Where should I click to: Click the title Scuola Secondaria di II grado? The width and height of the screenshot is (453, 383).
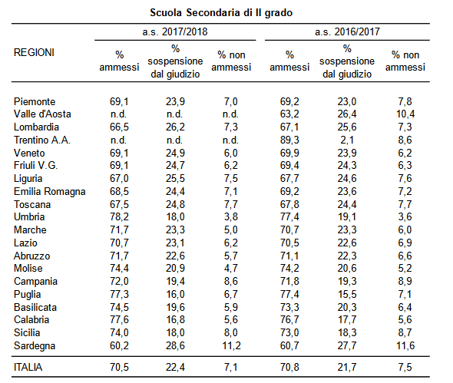tap(221, 13)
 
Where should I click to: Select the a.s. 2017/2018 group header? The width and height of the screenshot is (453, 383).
tap(175, 31)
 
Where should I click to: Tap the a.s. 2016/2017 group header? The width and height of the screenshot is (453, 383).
tap(347, 31)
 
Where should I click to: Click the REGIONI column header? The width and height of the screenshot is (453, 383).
tap(34, 52)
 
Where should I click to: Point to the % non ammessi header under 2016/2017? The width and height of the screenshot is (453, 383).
tap(405, 61)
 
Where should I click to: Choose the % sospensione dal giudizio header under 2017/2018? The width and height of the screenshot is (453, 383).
tap(175, 61)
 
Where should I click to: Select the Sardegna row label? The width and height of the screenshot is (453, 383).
tap(35, 346)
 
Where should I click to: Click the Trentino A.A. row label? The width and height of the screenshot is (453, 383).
tap(42, 140)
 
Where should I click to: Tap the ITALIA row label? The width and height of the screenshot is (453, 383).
tap(28, 367)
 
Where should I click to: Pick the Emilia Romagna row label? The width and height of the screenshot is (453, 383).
tap(49, 192)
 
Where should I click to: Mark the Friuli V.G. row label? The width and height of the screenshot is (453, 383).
tap(35, 166)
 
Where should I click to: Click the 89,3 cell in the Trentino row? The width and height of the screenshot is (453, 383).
tap(289, 140)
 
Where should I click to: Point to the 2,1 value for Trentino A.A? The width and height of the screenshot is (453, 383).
tap(347, 140)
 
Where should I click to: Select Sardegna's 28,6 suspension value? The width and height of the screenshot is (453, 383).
tap(175, 345)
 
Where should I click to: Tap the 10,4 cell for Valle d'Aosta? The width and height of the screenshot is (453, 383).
tap(405, 114)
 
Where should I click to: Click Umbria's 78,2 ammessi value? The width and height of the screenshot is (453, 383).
tap(119, 217)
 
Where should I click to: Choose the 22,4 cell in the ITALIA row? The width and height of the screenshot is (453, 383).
tap(175, 367)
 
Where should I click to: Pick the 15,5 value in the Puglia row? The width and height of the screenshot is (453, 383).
tap(347, 294)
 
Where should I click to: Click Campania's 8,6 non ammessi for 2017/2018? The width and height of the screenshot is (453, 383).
tap(231, 282)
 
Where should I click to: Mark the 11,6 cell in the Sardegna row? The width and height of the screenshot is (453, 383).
tap(405, 345)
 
